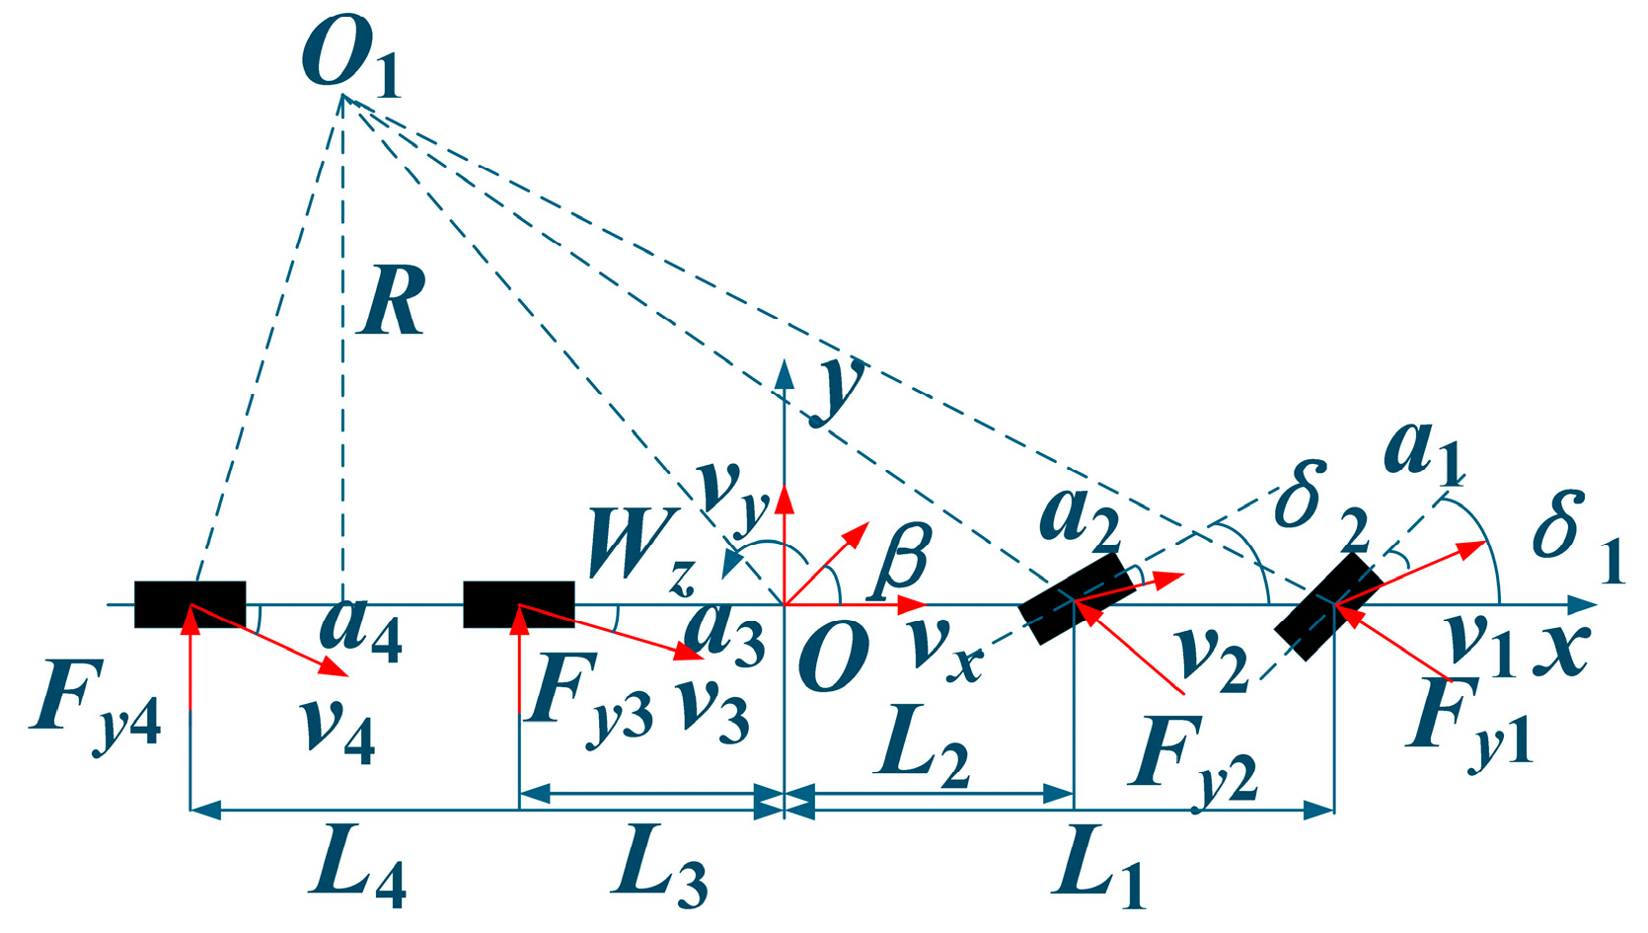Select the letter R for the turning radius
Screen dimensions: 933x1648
point(393,301)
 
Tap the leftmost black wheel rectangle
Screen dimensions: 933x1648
point(189,604)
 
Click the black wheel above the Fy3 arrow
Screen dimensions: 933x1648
point(519,604)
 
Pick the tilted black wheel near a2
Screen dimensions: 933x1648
point(1076,598)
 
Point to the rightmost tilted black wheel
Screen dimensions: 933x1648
point(1327,605)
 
